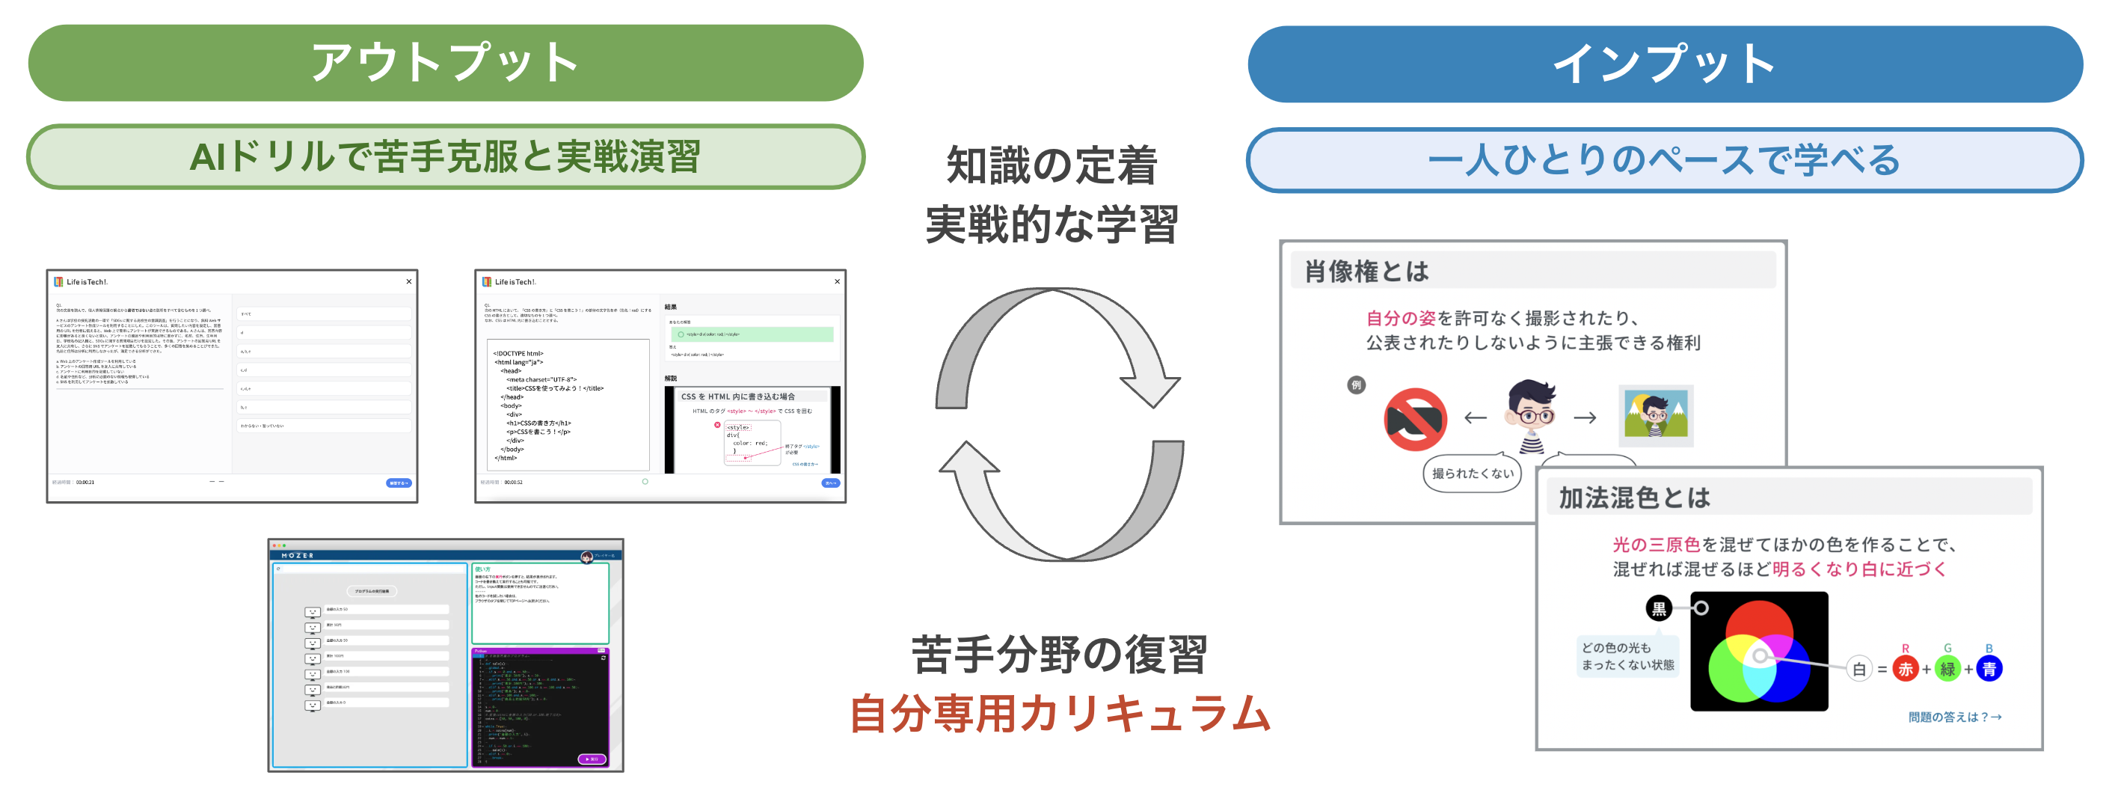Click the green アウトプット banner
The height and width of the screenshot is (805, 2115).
pos(445,64)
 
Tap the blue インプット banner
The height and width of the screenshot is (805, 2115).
pos(1664,64)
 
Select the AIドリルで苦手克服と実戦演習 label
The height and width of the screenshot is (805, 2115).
pos(445,157)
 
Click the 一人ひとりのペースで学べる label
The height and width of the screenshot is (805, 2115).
pos(1664,160)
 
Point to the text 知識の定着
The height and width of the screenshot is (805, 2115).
pos(1052,165)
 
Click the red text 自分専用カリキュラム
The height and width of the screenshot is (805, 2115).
pos(1059,713)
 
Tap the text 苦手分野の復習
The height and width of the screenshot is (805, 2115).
pos(1059,655)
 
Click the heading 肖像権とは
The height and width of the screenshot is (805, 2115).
pos(1367,271)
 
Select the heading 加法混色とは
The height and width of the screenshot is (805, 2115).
pos(1634,498)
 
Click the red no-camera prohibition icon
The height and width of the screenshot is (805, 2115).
pos(1416,419)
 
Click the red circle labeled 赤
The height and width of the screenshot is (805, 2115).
pos(1905,669)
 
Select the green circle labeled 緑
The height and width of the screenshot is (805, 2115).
pos(1947,669)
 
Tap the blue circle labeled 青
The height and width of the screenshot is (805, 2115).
pos(1989,669)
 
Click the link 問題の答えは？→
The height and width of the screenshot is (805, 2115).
pos(1954,717)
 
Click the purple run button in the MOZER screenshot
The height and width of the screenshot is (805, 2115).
pos(591,759)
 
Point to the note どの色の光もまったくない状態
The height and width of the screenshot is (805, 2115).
pos(1627,656)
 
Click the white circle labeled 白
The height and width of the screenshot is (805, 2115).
pos(1858,669)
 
